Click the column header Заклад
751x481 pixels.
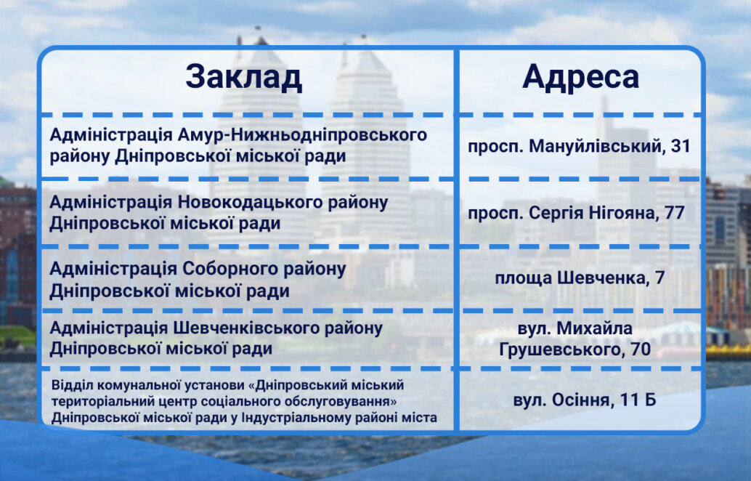pos(244,77)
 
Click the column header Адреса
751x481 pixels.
pos(580,76)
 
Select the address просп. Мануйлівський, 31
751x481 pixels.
pos(579,146)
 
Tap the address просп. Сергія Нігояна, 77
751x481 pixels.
pos(576,213)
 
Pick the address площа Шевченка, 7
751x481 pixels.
pos(580,278)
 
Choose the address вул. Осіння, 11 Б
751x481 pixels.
pos(585,400)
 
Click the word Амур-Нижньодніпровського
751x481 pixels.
pos(302,135)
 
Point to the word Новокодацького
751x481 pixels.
pos(250,202)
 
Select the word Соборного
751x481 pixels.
pos(228,269)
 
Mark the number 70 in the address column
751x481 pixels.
pos(641,349)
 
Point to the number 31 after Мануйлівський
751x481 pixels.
pos(681,145)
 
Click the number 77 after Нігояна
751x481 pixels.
pos(674,212)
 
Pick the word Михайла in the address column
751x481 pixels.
pos(594,328)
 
